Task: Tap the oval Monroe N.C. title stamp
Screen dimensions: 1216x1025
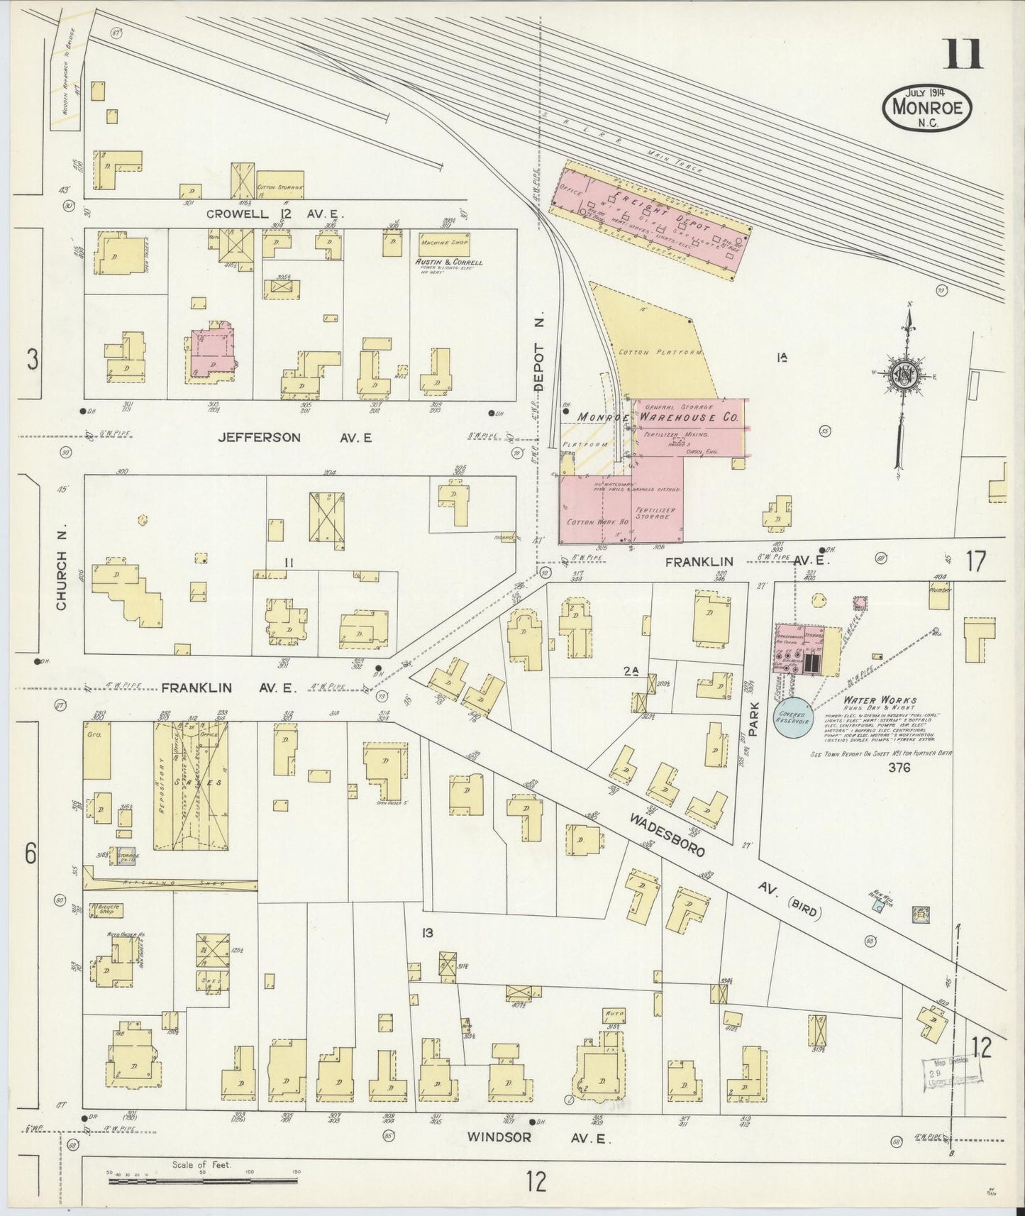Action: (x=927, y=108)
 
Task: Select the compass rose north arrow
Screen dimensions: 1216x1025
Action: (x=906, y=376)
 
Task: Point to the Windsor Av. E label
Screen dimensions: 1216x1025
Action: (x=538, y=1136)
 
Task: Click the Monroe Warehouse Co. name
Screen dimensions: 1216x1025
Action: (x=658, y=418)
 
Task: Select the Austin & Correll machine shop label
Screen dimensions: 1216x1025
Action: (x=448, y=262)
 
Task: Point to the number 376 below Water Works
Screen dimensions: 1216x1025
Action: (x=899, y=767)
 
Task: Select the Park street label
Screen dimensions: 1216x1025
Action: (x=753, y=719)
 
